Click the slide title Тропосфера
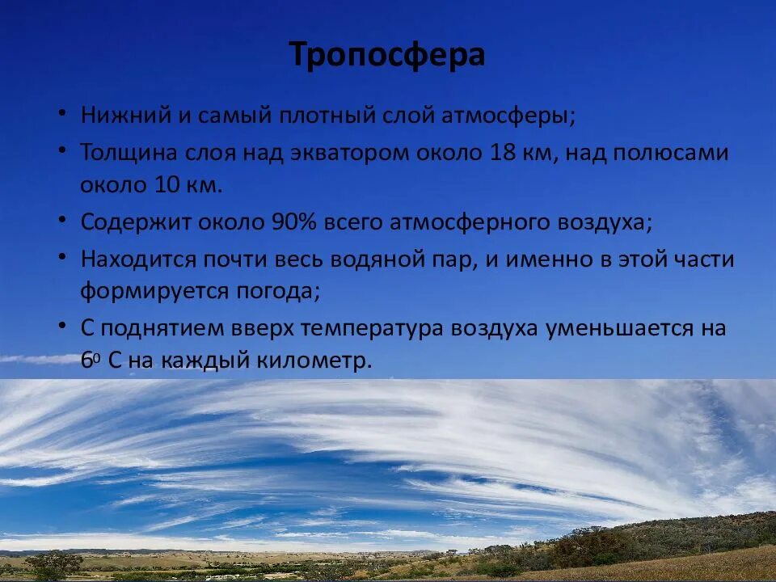click(387, 55)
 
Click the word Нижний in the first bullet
click(124, 115)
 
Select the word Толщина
click(129, 152)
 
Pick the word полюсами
click(677, 152)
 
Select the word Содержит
click(135, 222)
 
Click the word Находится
click(137, 259)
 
